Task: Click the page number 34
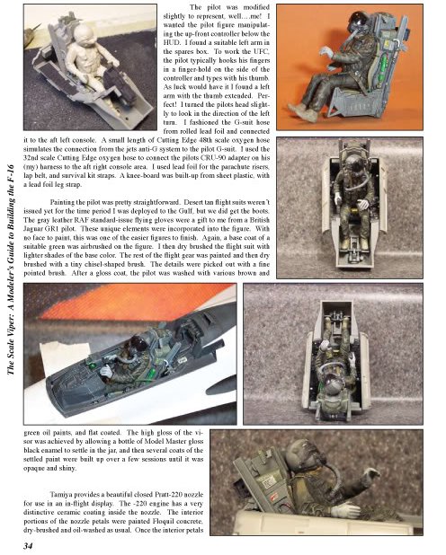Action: [28, 546]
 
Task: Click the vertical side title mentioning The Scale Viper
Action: [11, 269]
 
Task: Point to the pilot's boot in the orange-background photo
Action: [302, 110]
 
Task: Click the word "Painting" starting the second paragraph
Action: [63, 203]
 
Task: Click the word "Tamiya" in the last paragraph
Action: [60, 495]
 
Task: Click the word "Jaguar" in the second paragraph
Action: [34, 229]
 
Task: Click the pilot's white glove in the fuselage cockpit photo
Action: [106, 372]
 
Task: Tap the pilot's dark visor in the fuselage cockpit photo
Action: [138, 342]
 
